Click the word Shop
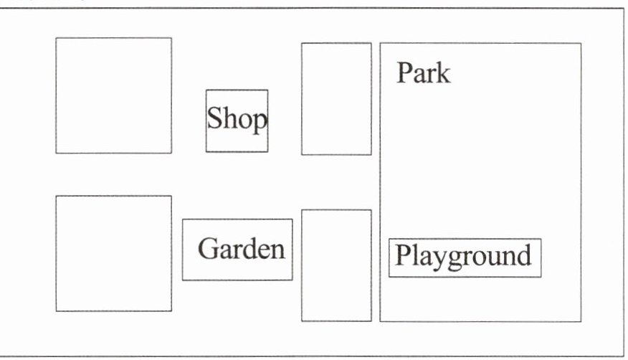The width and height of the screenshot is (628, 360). (237, 120)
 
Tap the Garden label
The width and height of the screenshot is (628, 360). (241, 250)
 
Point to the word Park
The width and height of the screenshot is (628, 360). (424, 73)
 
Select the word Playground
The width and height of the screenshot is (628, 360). (464, 256)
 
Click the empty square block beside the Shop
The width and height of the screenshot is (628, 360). (113, 95)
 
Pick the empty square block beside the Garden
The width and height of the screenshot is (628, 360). (113, 253)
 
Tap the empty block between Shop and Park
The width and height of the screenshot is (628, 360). (336, 99)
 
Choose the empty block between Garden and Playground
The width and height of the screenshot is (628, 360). (336, 265)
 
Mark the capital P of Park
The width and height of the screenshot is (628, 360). (404, 72)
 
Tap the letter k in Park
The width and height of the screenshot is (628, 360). (444, 73)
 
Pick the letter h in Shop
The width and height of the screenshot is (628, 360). (229, 118)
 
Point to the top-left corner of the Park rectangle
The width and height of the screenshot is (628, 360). (380, 43)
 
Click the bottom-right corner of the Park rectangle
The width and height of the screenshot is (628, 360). (581, 321)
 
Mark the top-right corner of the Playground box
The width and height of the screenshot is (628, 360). (541, 239)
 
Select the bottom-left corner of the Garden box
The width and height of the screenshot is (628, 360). (183, 280)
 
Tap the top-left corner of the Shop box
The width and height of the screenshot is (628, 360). (206, 90)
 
